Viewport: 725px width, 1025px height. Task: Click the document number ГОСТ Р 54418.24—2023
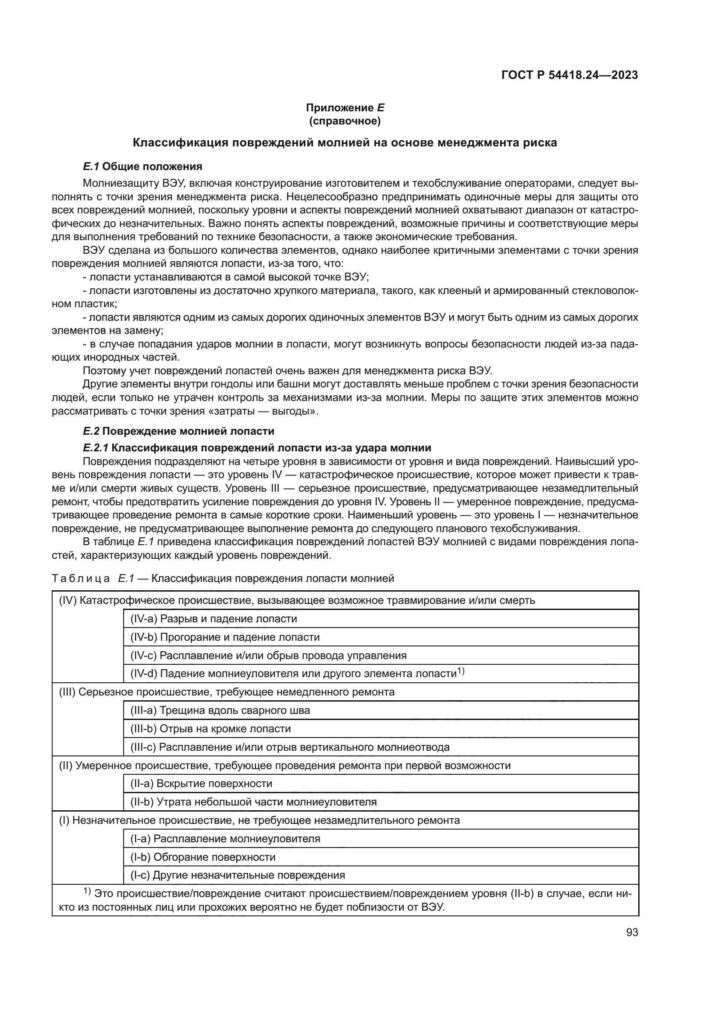(570, 75)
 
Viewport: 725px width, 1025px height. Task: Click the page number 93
(632, 933)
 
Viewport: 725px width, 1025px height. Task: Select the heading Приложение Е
(345, 108)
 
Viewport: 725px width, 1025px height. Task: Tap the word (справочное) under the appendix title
(345, 121)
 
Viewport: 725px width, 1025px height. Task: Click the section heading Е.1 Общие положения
(142, 167)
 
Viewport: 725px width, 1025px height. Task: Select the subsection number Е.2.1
(96, 448)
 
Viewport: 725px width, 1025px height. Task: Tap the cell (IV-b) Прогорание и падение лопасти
(224, 637)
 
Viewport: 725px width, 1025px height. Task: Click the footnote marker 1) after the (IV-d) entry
(461, 671)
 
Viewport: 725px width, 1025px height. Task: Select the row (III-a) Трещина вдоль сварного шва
(220, 710)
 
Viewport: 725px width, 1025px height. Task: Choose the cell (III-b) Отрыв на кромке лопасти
(210, 729)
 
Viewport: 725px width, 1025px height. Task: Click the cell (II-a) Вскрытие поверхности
(201, 784)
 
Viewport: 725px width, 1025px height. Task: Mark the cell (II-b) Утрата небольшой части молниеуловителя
(253, 802)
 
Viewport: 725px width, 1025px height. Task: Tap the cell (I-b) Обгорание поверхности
(203, 857)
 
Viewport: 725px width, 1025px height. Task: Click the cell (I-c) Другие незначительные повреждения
(238, 875)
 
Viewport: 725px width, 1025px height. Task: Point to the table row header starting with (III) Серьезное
(227, 692)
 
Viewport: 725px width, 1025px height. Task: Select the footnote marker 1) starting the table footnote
(87, 891)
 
